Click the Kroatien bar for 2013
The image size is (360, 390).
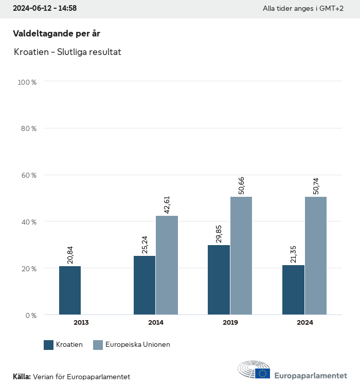pyautogui.click(x=70, y=290)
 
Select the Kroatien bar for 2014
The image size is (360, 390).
pyautogui.click(x=145, y=285)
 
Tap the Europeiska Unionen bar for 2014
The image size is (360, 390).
pyautogui.click(x=167, y=265)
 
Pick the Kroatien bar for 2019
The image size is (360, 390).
pyautogui.click(x=219, y=280)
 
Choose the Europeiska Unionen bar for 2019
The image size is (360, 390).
pyautogui.click(x=241, y=256)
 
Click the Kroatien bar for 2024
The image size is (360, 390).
pyautogui.click(x=293, y=290)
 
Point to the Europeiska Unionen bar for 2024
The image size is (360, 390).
pyautogui.click(x=316, y=256)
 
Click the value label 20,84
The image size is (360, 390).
pyautogui.click(x=70, y=255)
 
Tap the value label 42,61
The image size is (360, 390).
pyautogui.click(x=167, y=204)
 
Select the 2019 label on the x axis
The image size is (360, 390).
pyautogui.click(x=230, y=323)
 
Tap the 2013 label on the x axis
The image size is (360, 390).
pyautogui.click(x=81, y=323)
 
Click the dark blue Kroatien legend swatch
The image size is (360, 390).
pyautogui.click(x=49, y=345)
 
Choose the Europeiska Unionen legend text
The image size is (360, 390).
pyautogui.click(x=137, y=345)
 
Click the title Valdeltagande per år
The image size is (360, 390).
pyautogui.click(x=57, y=33)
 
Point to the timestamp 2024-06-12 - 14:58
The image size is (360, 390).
pyautogui.click(x=45, y=9)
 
